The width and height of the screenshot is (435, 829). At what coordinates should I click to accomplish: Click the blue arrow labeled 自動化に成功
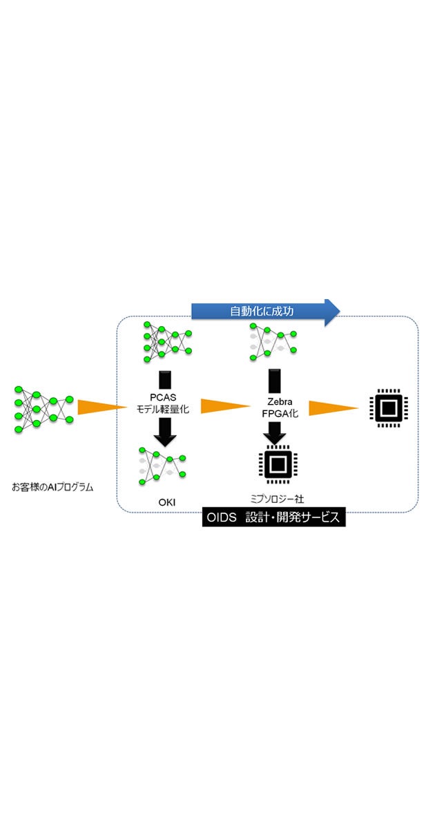[x=265, y=312]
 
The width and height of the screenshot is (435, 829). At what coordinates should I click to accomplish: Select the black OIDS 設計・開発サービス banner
[x=274, y=517]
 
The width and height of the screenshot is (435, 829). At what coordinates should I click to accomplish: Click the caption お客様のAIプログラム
[x=52, y=486]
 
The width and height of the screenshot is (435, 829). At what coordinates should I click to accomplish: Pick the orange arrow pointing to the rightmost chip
[x=333, y=408]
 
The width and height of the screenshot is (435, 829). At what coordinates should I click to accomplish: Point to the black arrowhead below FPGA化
[x=275, y=432]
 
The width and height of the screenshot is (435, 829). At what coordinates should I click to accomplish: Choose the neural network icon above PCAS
[x=166, y=341]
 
